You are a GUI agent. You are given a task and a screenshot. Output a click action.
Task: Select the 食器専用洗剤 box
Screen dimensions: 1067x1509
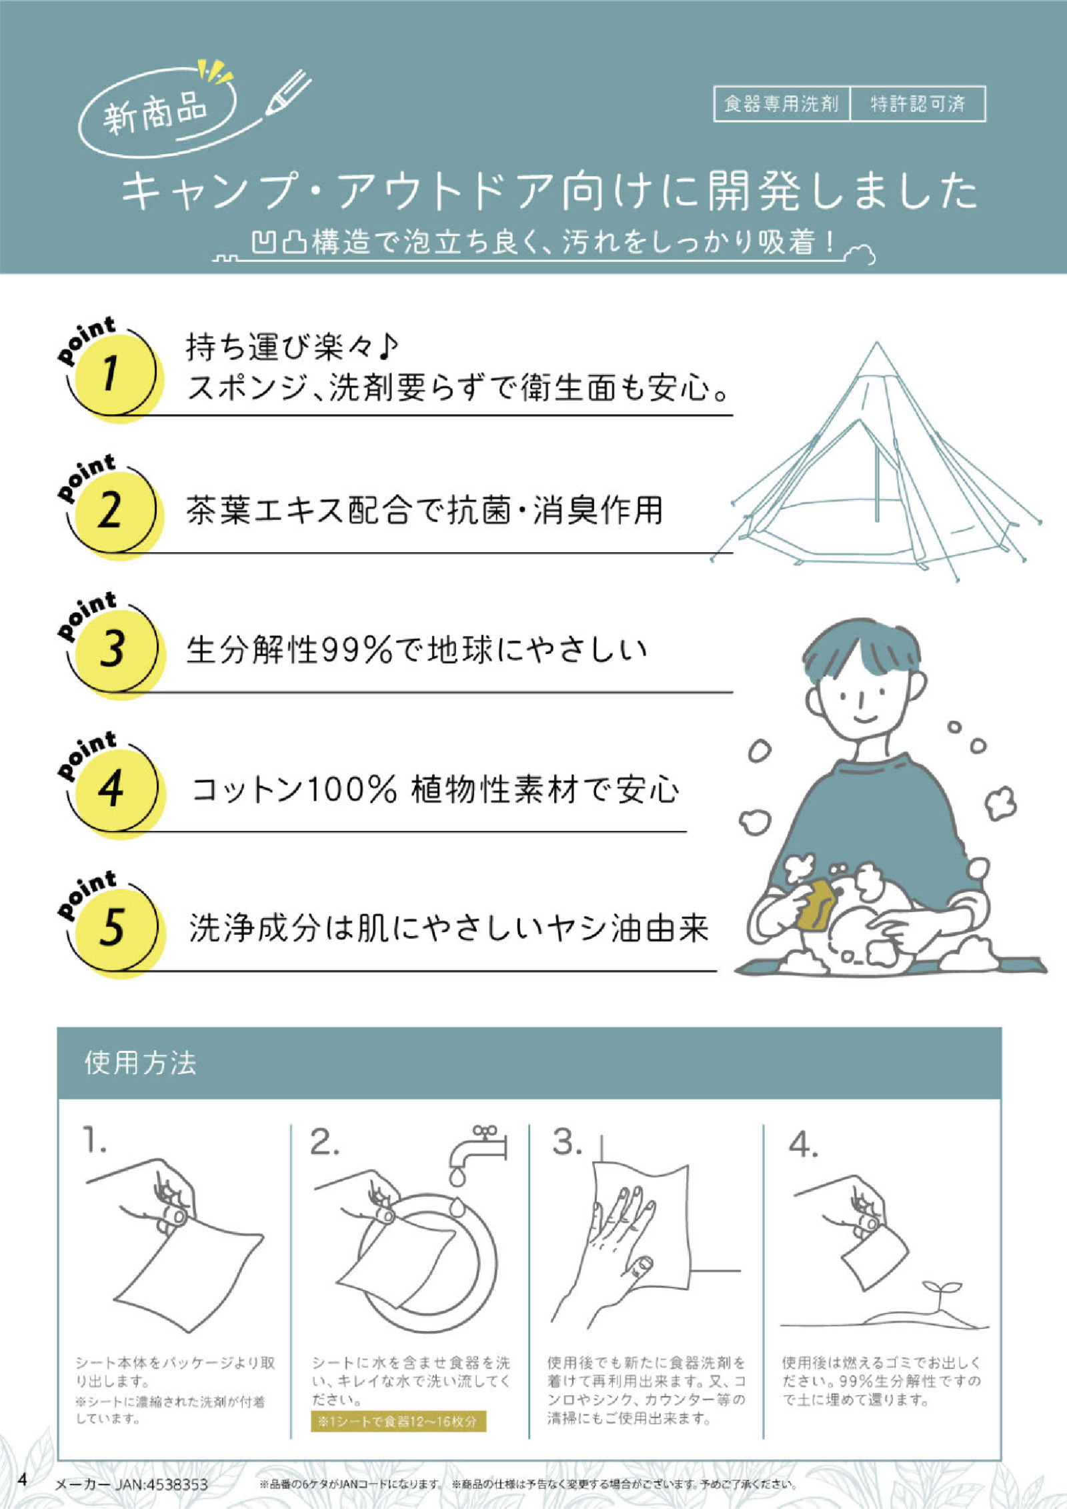(782, 104)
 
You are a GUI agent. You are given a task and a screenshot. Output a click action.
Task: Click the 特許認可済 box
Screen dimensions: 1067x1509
(918, 104)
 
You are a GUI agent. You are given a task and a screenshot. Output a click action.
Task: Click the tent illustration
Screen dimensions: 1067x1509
(877, 467)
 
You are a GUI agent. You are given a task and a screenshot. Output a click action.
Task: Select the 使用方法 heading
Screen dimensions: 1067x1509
(140, 1063)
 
